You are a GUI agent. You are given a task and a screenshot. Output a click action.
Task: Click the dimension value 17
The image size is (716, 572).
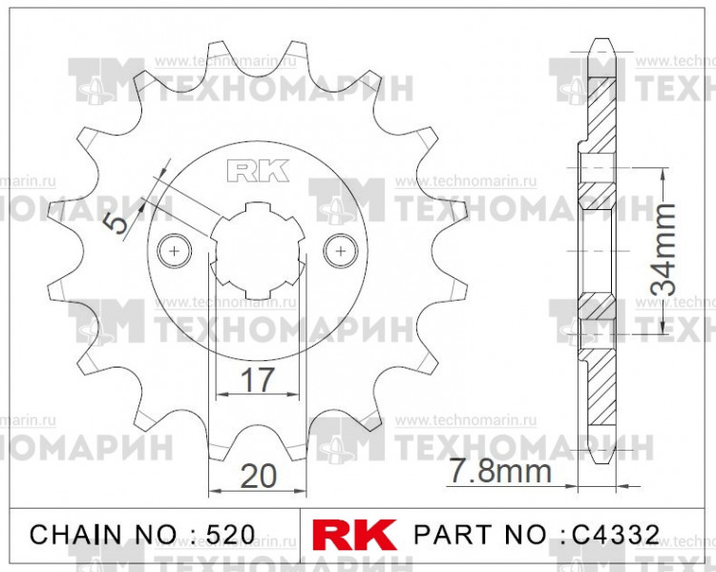click(x=257, y=379)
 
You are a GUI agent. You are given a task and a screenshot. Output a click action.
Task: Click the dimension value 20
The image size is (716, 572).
click(x=256, y=475)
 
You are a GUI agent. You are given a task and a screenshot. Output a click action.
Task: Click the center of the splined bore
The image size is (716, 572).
click(x=256, y=250)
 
